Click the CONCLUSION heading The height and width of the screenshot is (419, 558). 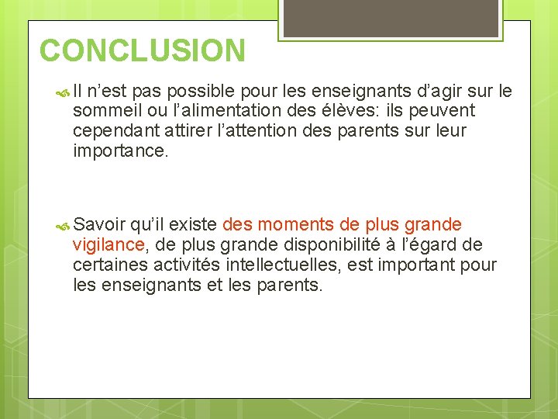[143, 51]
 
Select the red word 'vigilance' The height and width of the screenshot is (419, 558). [108, 245]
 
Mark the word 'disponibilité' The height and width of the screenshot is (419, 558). [357, 245]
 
